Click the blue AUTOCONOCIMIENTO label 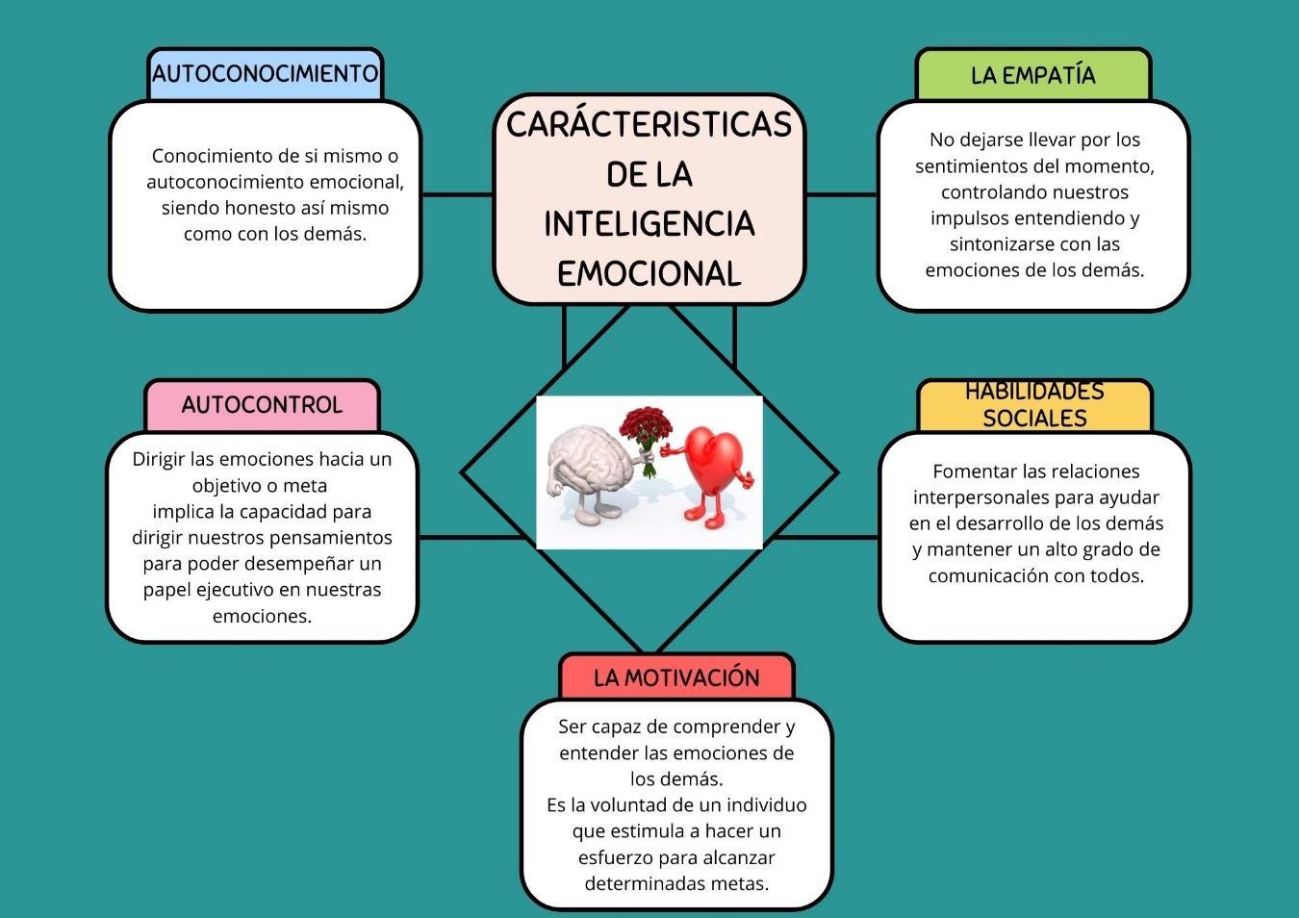tap(265, 74)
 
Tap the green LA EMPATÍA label tap(1032, 75)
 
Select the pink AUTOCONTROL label tap(262, 405)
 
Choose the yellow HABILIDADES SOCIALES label tap(1034, 405)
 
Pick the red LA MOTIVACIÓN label tap(676, 677)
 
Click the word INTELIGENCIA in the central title tap(649, 224)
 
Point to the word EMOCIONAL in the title tap(649, 273)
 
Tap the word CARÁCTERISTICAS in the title tap(649, 124)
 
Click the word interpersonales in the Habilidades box tap(981, 497)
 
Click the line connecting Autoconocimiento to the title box tap(458, 194)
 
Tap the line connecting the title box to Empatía tap(841, 194)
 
